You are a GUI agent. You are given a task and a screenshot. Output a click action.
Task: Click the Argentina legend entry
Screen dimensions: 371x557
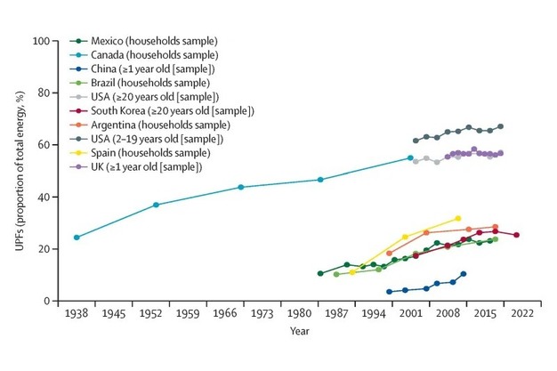tap(156, 125)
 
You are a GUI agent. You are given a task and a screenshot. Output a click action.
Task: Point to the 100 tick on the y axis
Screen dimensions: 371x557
tap(39, 41)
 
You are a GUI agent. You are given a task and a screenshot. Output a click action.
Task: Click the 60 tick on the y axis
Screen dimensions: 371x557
tap(42, 145)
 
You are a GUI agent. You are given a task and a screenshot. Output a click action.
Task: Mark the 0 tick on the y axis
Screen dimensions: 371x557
tap(45, 302)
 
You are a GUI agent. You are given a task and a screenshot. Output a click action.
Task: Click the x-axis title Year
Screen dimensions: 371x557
tap(300, 331)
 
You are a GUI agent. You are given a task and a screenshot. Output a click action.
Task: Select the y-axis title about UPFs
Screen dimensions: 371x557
tap(19, 171)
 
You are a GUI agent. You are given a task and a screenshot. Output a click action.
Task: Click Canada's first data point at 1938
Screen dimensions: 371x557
tap(77, 238)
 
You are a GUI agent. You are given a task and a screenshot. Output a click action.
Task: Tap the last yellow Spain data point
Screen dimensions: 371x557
tap(458, 218)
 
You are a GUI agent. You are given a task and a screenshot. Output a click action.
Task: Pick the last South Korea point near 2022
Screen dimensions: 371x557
tap(516, 235)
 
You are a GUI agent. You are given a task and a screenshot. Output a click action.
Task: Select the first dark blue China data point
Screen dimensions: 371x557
tap(389, 292)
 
